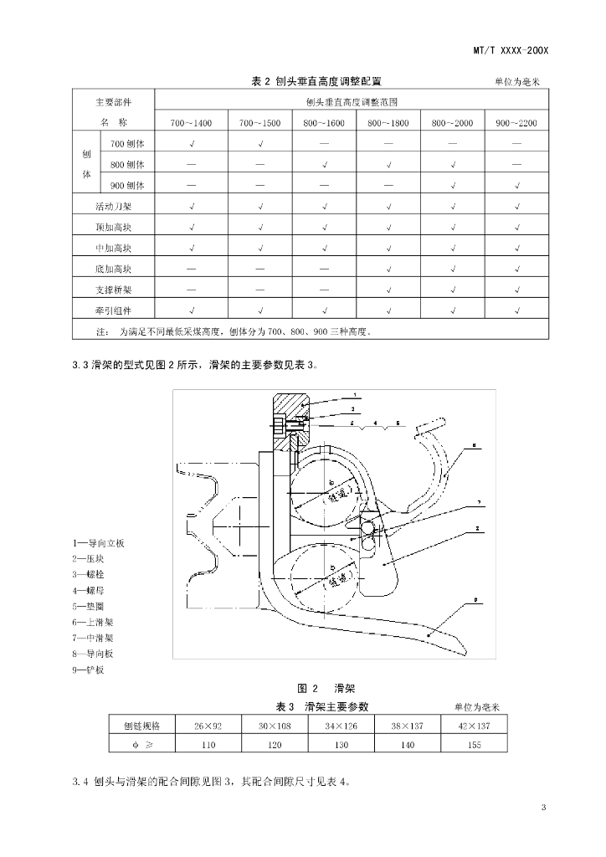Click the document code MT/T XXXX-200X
click(510, 51)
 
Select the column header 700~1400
click(191, 123)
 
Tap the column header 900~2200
click(517, 123)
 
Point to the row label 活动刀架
click(113, 205)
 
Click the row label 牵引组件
click(113, 310)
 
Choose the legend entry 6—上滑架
click(93, 623)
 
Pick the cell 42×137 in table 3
click(475, 726)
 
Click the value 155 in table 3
click(475, 745)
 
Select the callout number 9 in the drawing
click(474, 600)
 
